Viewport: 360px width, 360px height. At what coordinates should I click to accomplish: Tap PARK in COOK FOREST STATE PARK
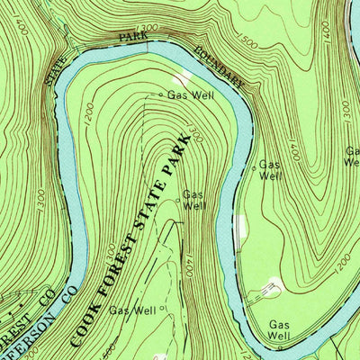(x=184, y=153)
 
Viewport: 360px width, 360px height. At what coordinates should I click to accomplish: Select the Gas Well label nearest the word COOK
(x=130, y=310)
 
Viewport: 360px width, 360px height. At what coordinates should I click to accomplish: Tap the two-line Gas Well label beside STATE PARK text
(x=195, y=199)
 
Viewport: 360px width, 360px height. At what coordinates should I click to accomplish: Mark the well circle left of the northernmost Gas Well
(x=162, y=94)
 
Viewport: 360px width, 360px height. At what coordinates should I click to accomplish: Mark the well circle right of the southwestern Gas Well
(x=165, y=310)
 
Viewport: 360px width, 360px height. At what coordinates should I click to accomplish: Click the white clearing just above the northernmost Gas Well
(x=184, y=79)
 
